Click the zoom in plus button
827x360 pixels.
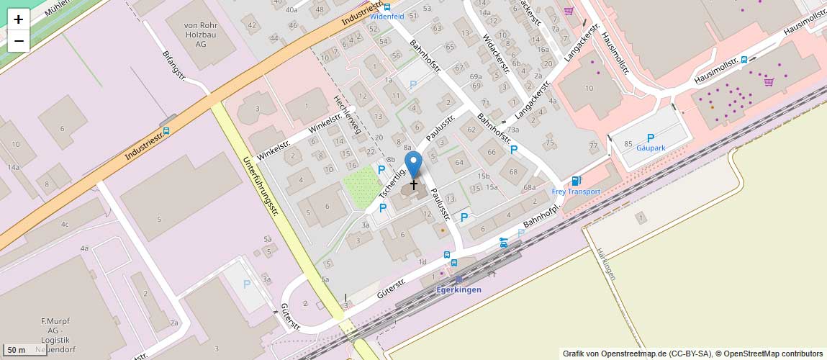coord(19,19)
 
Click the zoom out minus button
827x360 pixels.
coord(19,41)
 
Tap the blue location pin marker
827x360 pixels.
coord(413,165)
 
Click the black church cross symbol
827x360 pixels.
coord(414,185)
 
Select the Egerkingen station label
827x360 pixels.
coord(458,289)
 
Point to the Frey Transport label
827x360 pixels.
coord(576,192)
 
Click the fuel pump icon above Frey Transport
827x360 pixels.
coord(575,181)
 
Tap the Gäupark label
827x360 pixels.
coord(651,148)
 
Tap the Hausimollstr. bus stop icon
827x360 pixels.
coord(744,60)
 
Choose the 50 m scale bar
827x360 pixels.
coord(26,350)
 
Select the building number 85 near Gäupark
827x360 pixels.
coord(628,144)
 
